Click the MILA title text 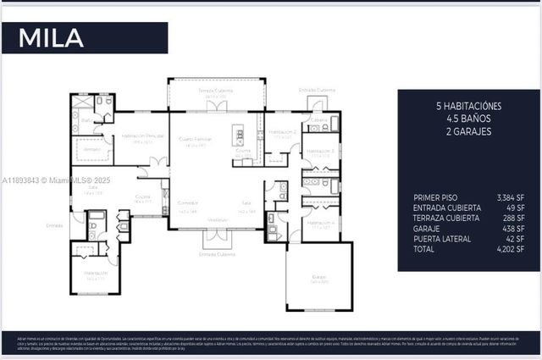click(52, 38)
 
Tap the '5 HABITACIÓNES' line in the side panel click(468, 106)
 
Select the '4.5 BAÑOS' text click(468, 119)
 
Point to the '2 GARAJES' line click(468, 131)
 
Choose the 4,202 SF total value click(510, 250)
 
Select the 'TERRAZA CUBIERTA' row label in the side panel click(447, 218)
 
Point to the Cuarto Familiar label click(195, 138)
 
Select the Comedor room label click(187, 203)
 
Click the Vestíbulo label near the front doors click(218, 219)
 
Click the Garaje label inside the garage click(318, 277)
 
